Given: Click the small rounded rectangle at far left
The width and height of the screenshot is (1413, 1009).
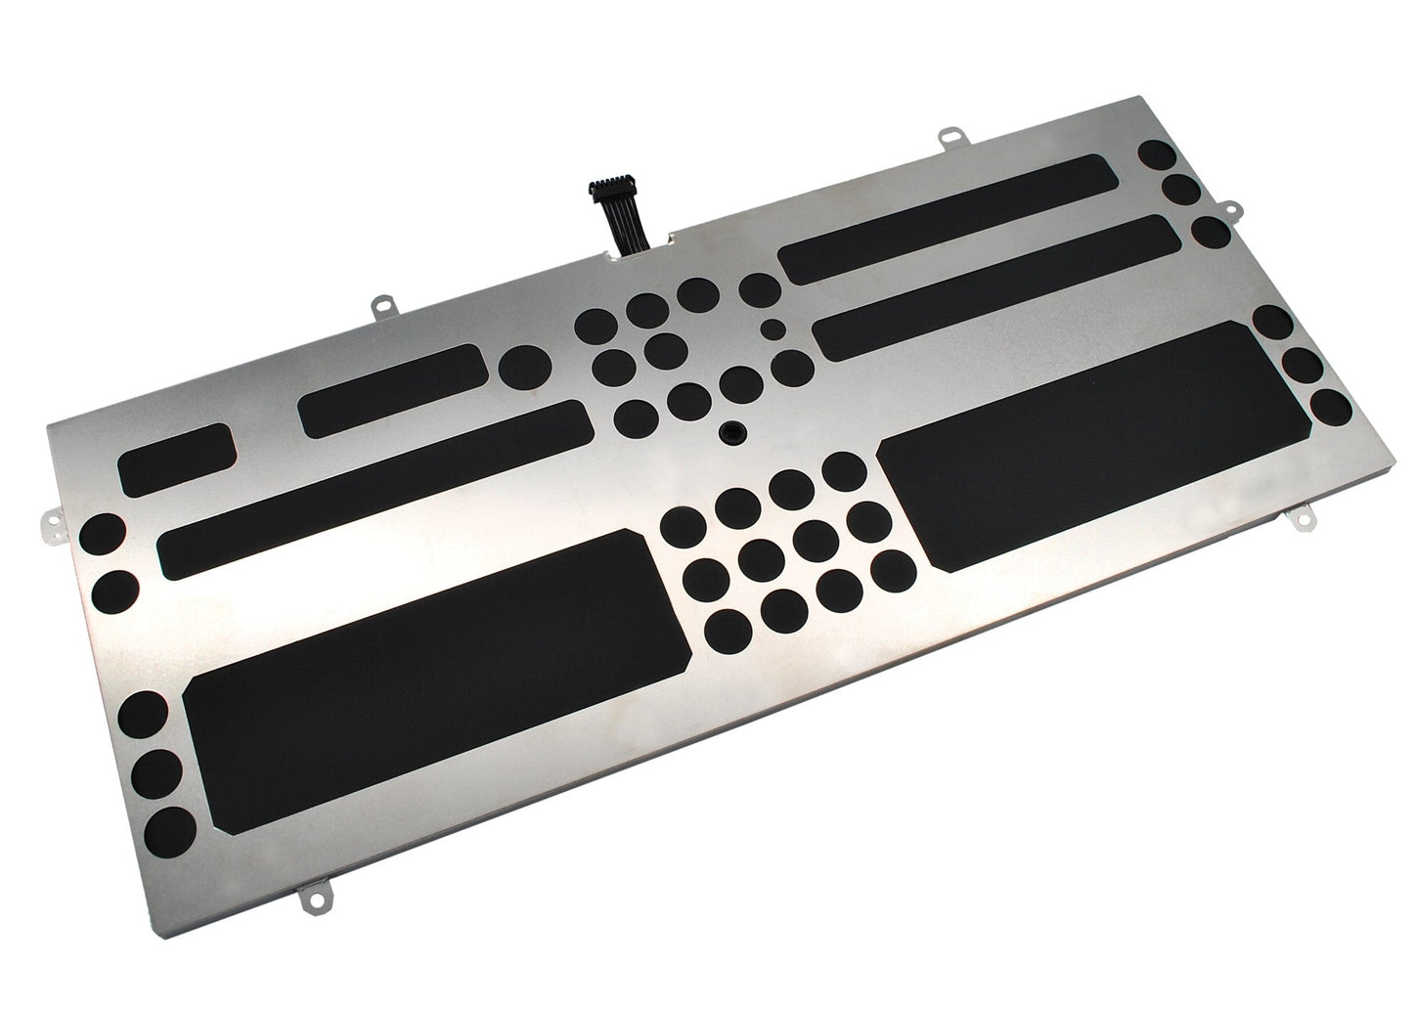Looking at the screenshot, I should coord(177,457).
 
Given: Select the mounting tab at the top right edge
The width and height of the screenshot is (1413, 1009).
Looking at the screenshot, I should coord(947,140).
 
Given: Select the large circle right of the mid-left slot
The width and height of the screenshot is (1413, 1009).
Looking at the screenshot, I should coord(524,367).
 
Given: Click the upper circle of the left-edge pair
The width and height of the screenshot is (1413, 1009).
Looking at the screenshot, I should coord(102,535).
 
